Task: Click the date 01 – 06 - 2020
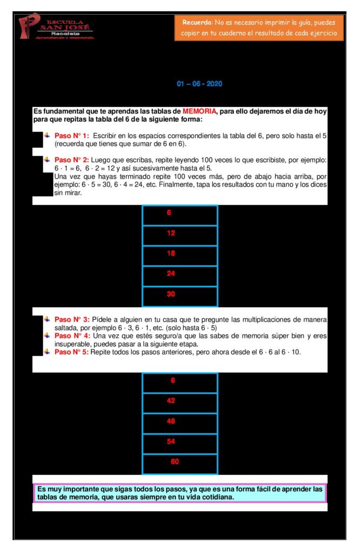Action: pos(199,84)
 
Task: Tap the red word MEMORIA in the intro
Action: pos(199,111)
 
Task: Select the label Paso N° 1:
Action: pos(72,135)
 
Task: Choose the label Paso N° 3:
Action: pos(72,319)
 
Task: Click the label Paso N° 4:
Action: pos(72,335)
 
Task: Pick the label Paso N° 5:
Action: pos(72,352)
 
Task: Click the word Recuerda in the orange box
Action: pos(197,22)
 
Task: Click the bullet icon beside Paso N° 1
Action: pos(48,135)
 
